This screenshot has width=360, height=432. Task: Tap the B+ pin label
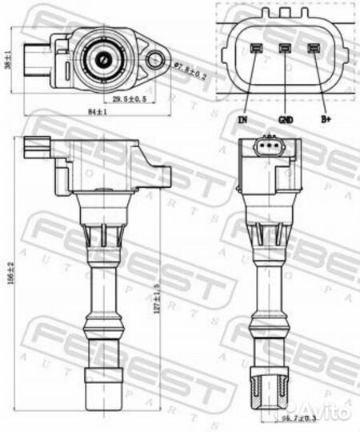pyautogui.click(x=326, y=120)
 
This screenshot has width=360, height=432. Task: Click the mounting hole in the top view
pyautogui.click(x=157, y=57)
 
